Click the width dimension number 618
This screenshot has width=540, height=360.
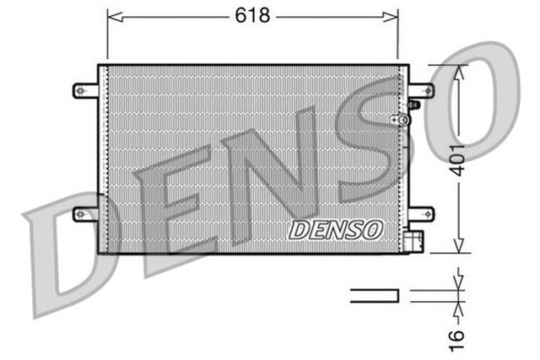tap(253, 15)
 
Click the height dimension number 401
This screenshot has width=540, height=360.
tap(456, 159)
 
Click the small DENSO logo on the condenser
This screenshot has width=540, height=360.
tap(336, 229)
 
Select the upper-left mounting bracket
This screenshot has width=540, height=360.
tap(86, 89)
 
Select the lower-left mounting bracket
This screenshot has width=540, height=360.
tap(86, 214)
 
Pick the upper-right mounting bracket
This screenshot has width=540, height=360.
tap(420, 89)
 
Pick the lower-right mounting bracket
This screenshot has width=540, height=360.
tap(420, 214)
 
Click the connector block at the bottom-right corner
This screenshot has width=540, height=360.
tap(413, 242)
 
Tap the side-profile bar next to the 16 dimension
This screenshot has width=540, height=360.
tap(374, 294)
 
